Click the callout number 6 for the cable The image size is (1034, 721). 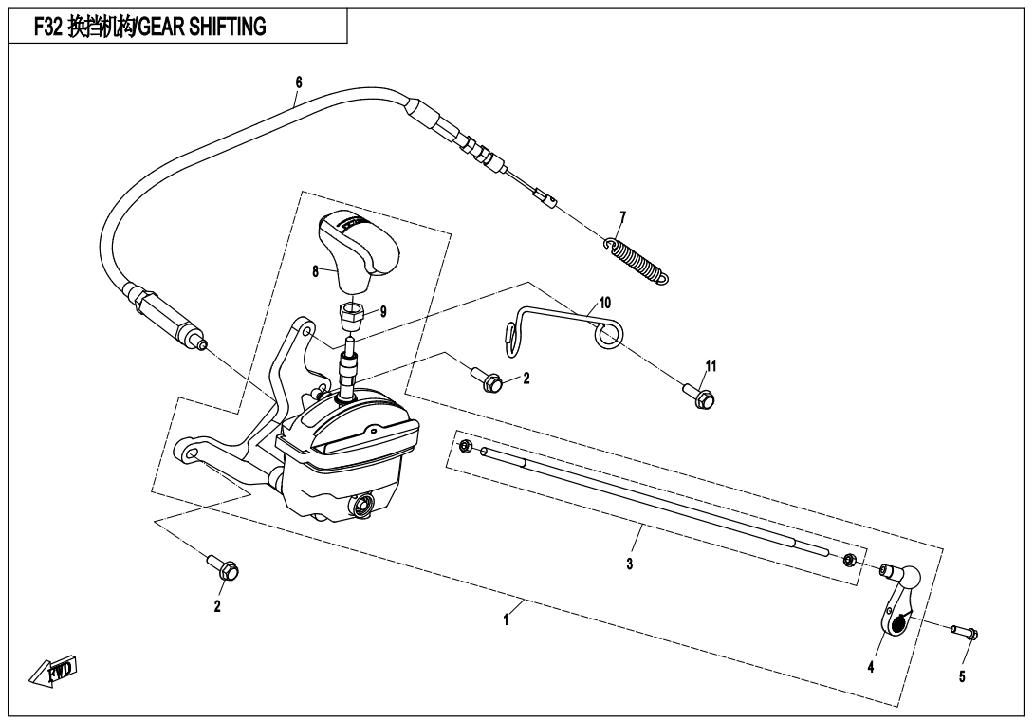tap(298, 83)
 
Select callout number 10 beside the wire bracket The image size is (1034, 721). tap(605, 303)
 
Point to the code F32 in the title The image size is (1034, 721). tap(48, 28)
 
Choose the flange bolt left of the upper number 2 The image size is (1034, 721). tap(491, 381)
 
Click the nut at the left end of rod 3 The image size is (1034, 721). tap(466, 446)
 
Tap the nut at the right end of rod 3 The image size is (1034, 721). tap(850, 558)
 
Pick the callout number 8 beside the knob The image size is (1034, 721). tap(315, 271)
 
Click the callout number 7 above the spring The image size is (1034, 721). tap(622, 217)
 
